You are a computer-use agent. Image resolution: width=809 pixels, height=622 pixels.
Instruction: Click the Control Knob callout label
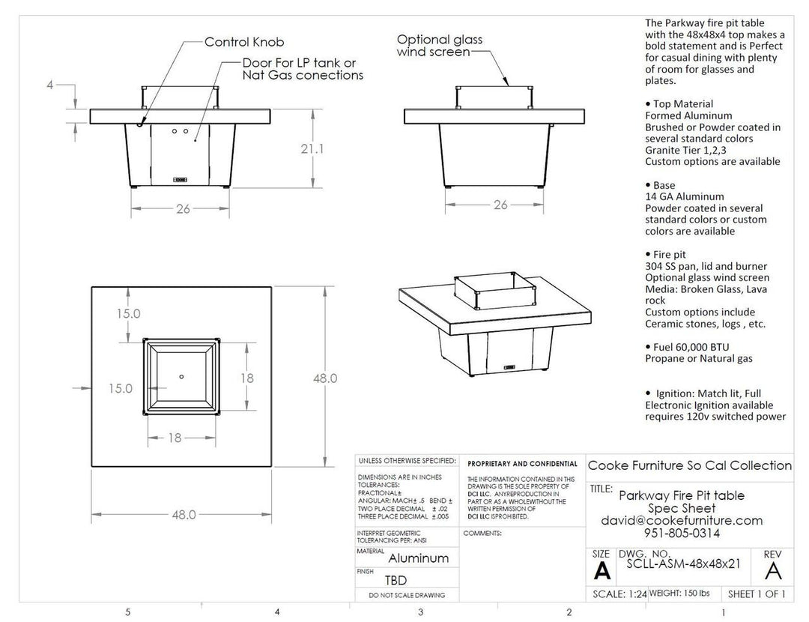click(x=244, y=42)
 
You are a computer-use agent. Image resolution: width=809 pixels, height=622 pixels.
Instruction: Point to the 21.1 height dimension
click(x=312, y=149)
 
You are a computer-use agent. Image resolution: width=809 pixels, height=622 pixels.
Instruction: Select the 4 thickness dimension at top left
click(x=50, y=85)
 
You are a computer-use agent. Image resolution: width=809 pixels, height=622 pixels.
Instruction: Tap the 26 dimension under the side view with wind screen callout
click(x=501, y=205)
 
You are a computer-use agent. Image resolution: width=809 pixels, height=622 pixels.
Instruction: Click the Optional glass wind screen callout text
click(x=440, y=45)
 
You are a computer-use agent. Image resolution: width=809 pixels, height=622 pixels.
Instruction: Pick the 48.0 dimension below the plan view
click(x=184, y=515)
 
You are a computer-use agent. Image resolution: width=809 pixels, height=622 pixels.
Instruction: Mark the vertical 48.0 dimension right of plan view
click(x=325, y=378)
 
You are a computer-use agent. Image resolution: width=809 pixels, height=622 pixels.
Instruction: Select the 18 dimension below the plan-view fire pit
click(x=174, y=438)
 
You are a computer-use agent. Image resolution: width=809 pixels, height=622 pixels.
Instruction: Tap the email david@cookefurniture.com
click(x=682, y=520)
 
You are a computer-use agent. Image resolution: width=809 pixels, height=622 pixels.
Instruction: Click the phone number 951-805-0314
click(x=682, y=534)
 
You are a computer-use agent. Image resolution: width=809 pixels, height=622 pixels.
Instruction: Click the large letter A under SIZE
click(x=601, y=573)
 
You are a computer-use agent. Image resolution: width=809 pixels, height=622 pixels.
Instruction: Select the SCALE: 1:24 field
click(x=618, y=594)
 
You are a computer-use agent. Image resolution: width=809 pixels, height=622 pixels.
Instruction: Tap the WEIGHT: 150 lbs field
click(x=679, y=594)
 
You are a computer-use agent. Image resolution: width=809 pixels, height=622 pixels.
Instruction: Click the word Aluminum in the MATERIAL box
click(x=418, y=558)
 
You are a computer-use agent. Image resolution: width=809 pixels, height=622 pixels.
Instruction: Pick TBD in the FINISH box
click(x=396, y=579)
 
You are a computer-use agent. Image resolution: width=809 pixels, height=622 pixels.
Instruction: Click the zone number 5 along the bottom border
click(x=129, y=612)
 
